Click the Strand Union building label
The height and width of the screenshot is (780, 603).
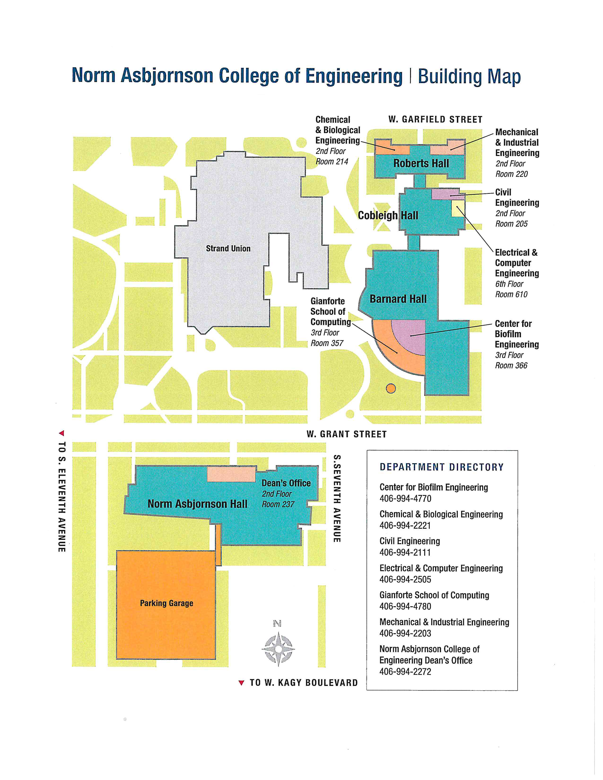tap(228, 249)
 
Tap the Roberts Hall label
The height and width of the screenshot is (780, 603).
tap(421, 163)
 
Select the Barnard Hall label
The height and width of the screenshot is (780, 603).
tap(398, 299)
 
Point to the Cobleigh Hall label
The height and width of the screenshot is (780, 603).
tap(388, 215)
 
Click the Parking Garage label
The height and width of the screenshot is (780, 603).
tap(166, 603)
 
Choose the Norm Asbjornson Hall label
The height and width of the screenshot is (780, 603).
tap(197, 504)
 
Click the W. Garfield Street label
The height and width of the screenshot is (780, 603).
tap(435, 120)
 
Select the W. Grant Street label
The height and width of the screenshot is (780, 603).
tap(346, 434)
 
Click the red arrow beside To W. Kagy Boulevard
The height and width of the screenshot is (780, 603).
tap(241, 683)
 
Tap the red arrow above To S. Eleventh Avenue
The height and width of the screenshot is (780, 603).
tap(62, 433)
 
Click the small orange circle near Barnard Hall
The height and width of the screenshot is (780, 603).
tap(391, 388)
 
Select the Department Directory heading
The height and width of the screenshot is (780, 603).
tap(441, 467)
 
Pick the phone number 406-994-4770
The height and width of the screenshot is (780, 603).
tap(406, 498)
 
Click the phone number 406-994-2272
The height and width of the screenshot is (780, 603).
tap(406, 672)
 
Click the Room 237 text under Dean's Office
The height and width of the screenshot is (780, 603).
tap(278, 504)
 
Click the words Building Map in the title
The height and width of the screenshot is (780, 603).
tap(469, 77)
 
